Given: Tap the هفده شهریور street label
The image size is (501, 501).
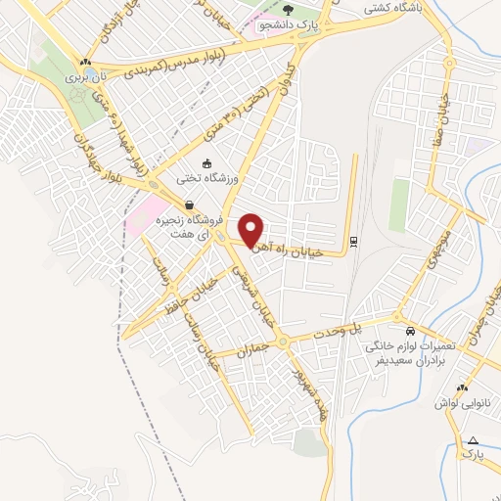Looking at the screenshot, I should [311, 396].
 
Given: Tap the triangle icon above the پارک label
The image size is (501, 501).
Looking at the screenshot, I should [474, 440].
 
